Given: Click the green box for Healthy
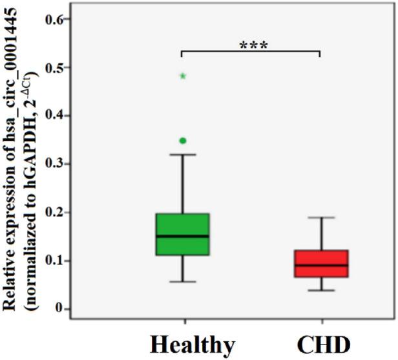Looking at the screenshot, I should click(183, 234).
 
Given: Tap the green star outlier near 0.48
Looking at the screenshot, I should click(183, 76).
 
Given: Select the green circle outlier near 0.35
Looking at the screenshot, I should click(183, 140).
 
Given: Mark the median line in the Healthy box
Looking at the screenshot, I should click(183, 236).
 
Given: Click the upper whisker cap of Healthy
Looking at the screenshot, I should click(183, 154).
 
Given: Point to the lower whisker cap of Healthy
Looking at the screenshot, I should click(183, 282).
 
